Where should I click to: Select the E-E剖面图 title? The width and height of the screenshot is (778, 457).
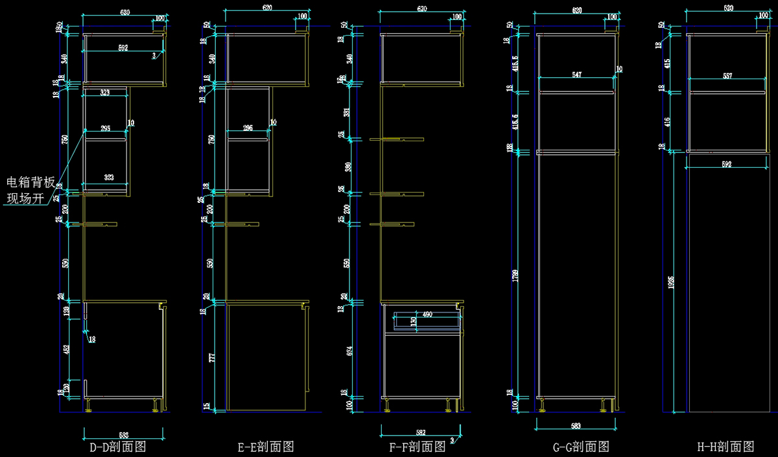pos(266,447)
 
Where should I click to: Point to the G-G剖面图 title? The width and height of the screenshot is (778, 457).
pos(580,447)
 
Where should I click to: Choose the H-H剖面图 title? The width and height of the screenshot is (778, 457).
pos(725,447)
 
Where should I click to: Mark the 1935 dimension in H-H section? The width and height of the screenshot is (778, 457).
pos(671,283)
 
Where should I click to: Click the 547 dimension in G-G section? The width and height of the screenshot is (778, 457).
pos(576,75)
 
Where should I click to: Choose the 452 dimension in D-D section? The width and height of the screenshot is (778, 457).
pos(67,349)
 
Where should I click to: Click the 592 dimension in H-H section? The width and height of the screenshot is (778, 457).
pos(726,165)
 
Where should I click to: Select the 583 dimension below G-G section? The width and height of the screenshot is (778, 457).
pos(576,426)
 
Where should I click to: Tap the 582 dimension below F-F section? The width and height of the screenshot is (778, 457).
pos(420,432)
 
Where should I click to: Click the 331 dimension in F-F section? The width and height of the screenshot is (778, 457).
pos(350,111)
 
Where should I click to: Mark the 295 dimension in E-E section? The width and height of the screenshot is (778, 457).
pos(248,128)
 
